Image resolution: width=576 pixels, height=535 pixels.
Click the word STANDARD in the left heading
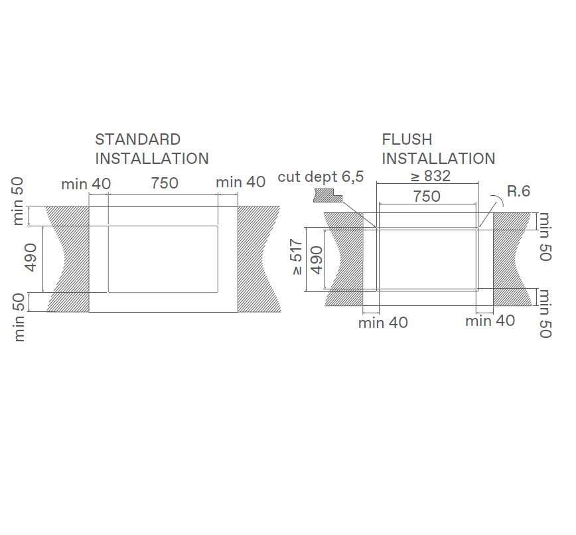137,139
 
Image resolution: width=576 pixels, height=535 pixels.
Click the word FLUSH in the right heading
407,139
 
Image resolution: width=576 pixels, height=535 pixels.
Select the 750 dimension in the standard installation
164,183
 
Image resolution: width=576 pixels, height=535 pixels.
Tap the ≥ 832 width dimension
429,176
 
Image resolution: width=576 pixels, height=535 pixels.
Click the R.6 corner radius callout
518,191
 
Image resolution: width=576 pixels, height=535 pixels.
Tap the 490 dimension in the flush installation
317,260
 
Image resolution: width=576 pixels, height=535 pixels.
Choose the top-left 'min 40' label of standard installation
86,183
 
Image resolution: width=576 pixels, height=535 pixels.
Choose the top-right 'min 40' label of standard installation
241,182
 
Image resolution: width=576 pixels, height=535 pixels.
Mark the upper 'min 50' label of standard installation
19,200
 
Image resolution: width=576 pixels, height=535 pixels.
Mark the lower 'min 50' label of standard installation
19,317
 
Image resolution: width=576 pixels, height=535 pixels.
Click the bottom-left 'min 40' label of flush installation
383,323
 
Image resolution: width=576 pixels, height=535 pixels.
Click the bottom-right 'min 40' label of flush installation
490,321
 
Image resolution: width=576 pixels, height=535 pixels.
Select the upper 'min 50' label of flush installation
545,236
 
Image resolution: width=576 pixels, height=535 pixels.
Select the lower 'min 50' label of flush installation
545,314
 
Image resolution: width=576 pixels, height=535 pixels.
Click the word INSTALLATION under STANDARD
152,159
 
